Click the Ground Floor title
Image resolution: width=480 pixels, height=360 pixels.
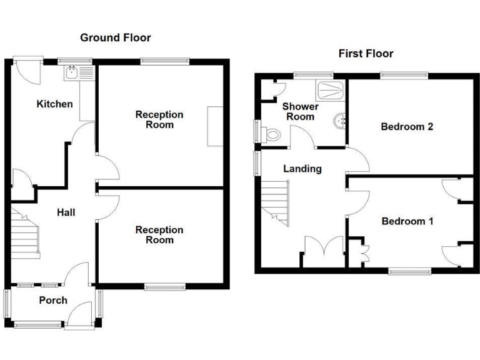click(x=116, y=37)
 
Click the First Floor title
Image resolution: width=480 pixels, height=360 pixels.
click(x=366, y=54)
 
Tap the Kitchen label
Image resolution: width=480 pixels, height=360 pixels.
click(x=55, y=104)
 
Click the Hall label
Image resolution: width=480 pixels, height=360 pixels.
click(x=66, y=212)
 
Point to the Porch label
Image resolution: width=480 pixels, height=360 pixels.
click(x=53, y=300)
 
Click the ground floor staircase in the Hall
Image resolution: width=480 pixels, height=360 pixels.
click(x=25, y=234)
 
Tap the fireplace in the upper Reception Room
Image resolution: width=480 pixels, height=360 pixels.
click(x=215, y=126)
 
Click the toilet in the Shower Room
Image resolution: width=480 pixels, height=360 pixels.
click(x=272, y=133)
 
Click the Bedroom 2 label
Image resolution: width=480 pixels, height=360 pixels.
click(x=407, y=126)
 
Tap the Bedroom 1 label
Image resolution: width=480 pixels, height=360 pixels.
click(x=407, y=221)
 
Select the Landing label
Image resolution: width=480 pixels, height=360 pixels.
click(x=302, y=169)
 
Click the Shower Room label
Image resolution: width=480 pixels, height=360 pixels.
click(x=301, y=111)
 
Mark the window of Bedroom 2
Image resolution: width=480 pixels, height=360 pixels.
click(x=404, y=76)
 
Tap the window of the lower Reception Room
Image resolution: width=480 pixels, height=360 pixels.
click(x=165, y=286)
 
